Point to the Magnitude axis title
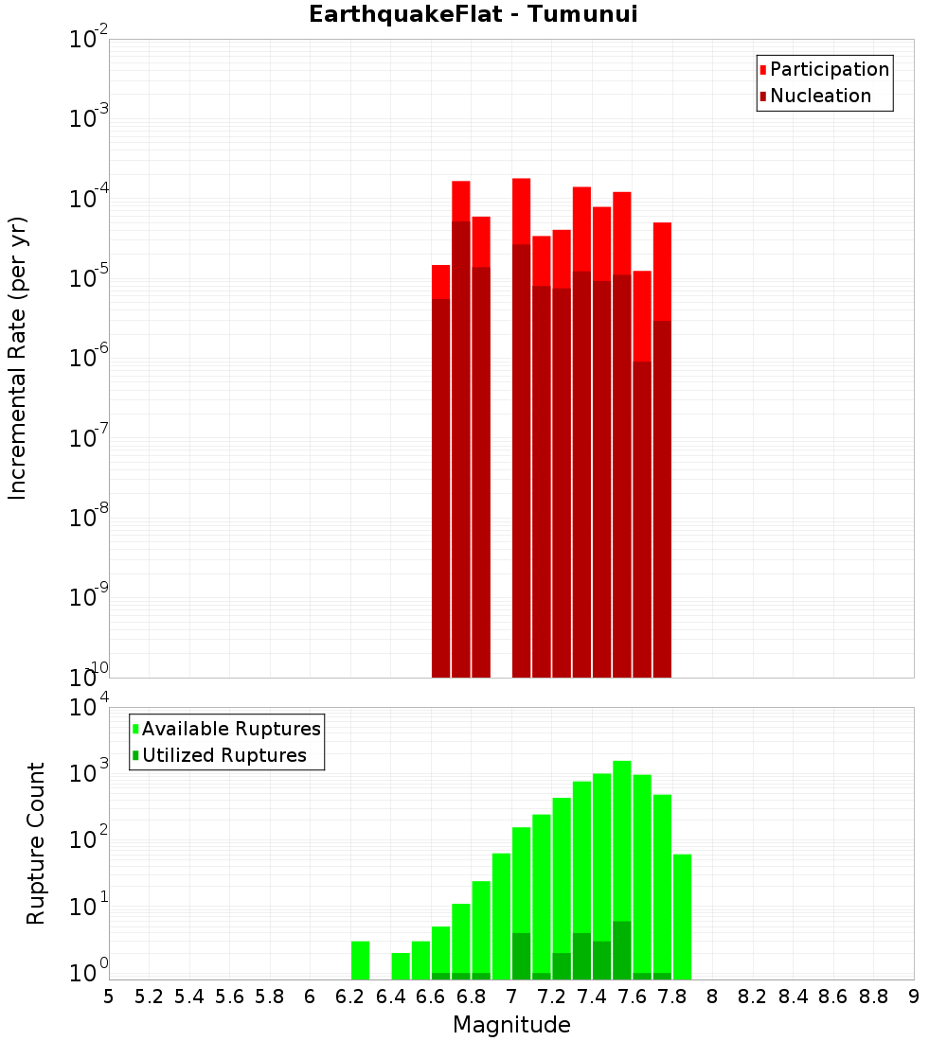click(511, 1024)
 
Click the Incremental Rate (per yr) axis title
click(17, 358)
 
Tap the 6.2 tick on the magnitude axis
click(350, 996)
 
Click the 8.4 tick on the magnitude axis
click(793, 996)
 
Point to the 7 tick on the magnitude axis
click(511, 996)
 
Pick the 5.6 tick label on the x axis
click(229, 996)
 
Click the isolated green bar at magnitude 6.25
click(360, 960)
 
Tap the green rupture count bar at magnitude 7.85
click(682, 916)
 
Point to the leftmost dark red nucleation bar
click(440, 487)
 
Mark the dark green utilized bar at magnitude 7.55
click(622, 950)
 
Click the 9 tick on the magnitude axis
click(914, 996)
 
